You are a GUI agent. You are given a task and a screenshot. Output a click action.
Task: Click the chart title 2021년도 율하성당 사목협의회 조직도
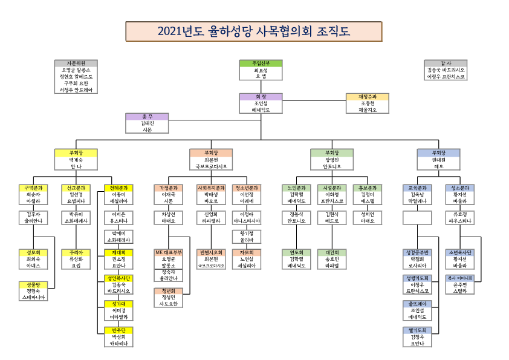coord(253,31)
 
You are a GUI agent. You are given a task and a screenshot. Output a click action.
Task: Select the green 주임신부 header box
coord(261,63)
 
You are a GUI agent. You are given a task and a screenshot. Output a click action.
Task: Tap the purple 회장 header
coord(261,96)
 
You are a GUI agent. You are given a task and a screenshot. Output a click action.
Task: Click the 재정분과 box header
coord(367,96)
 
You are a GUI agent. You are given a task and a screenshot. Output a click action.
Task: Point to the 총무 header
coord(147,116)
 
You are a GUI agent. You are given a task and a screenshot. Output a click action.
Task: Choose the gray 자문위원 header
coord(76,63)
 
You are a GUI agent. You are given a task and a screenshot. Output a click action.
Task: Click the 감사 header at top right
coord(446,63)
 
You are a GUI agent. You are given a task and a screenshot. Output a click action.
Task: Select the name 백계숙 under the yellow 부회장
coord(76,159)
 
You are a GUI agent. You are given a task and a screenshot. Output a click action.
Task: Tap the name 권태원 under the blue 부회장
coord(438,159)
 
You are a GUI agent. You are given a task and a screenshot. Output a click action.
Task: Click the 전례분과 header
coord(119,188)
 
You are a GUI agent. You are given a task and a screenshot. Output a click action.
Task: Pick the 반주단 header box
coord(119,330)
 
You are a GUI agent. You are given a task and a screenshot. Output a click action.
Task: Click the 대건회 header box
coord(332,252)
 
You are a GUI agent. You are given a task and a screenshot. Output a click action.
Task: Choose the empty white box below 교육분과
coord(417,217)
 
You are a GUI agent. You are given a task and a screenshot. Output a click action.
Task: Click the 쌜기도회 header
coord(417,330)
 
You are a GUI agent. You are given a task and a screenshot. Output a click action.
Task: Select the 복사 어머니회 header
coord(460,278)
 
